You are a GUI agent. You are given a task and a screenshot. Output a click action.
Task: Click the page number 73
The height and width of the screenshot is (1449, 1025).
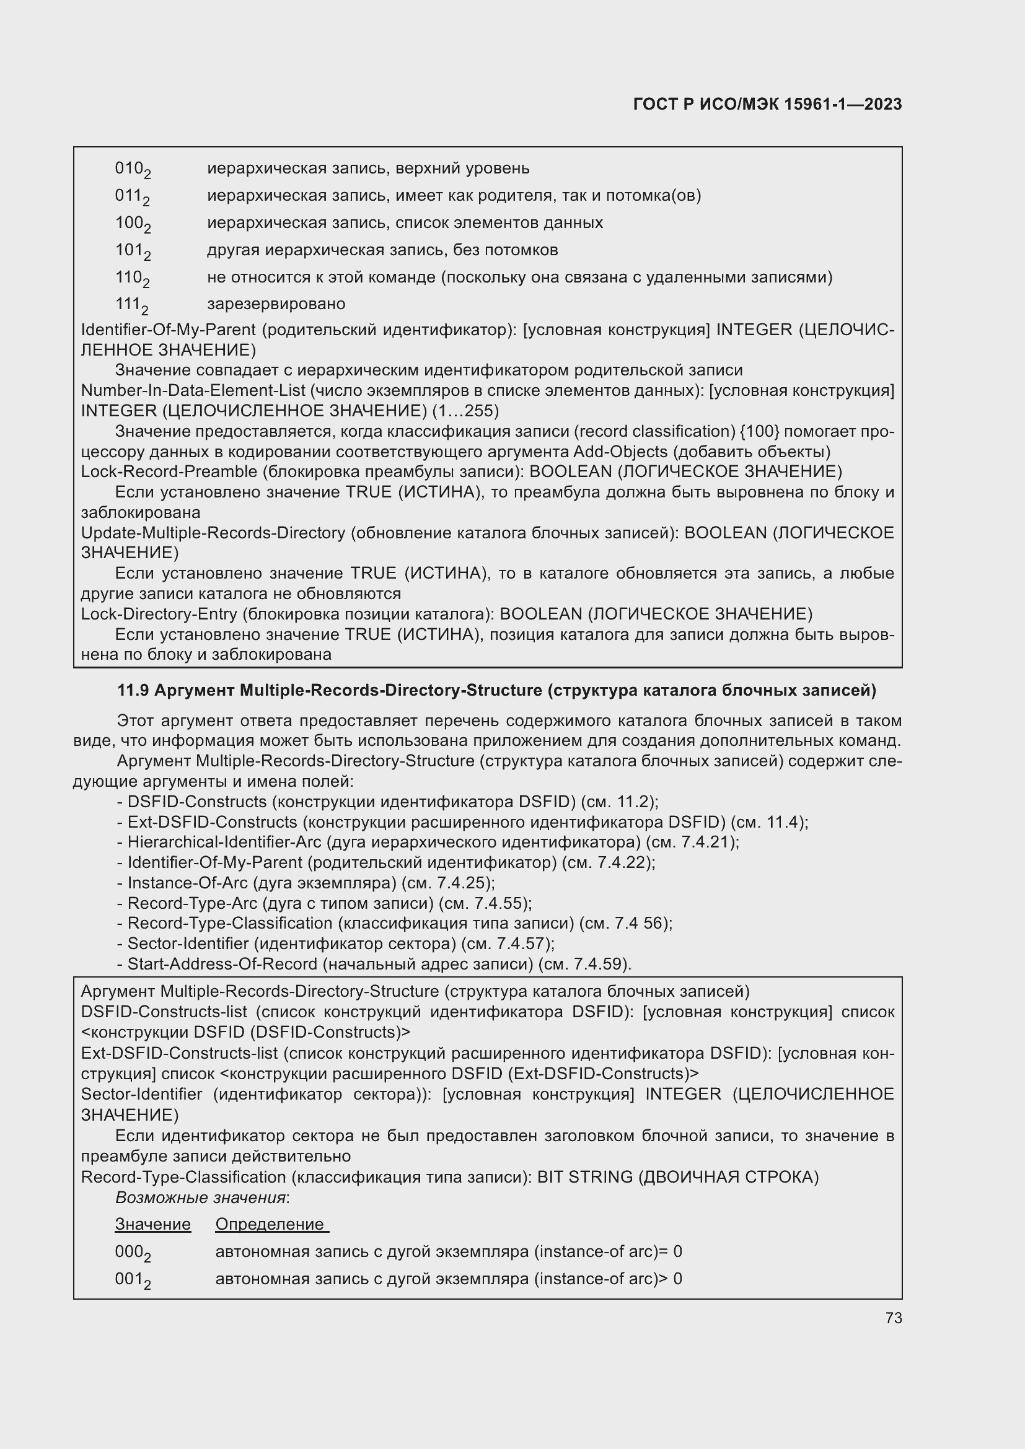click(893, 1318)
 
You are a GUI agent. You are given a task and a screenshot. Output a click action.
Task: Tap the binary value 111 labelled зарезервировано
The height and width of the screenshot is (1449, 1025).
click(131, 305)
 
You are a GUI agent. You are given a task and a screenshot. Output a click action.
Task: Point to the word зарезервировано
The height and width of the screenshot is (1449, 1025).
click(276, 304)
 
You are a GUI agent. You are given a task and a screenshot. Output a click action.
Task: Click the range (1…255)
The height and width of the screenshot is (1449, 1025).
click(465, 411)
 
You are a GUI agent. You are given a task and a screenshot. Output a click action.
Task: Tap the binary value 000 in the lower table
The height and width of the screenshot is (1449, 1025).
click(132, 1252)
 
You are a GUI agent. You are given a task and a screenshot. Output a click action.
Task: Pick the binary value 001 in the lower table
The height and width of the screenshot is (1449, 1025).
click(132, 1279)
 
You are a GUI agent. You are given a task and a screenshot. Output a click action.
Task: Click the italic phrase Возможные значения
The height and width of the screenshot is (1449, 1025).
click(201, 1198)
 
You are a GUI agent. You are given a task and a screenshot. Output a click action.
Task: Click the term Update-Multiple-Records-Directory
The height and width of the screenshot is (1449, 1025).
click(213, 533)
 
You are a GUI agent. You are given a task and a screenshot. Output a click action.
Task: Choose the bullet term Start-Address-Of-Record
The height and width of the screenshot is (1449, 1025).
click(222, 965)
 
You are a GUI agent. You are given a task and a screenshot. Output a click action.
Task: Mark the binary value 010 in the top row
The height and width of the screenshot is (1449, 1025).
click(132, 169)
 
